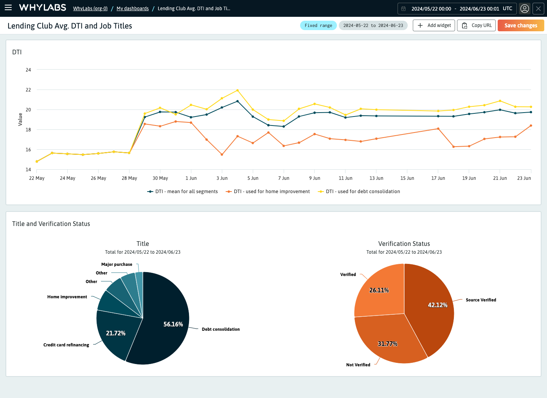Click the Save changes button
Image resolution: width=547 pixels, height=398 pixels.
pyautogui.click(x=520, y=25)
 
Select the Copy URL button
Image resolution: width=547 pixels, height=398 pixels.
pyautogui.click(x=477, y=25)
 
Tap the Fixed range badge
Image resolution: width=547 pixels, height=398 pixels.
pyautogui.click(x=318, y=25)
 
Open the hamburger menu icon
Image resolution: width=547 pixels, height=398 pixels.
pyautogui.click(x=8, y=8)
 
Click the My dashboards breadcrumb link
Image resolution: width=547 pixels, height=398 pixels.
pyautogui.click(x=132, y=9)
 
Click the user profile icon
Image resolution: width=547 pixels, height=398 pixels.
pyautogui.click(x=525, y=9)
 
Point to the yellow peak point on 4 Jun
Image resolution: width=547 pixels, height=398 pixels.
pyautogui.click(x=238, y=90)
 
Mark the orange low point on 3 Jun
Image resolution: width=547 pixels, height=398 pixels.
pyautogui.click(x=222, y=154)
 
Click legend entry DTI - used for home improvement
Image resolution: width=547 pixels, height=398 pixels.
pyautogui.click(x=272, y=192)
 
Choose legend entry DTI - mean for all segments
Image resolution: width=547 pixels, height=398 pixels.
pyautogui.click(x=186, y=192)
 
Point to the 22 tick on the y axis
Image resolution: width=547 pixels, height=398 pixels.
pyautogui.click(x=28, y=90)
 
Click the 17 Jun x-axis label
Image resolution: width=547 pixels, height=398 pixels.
pyautogui.click(x=438, y=178)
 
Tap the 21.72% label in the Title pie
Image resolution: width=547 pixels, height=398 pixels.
pyautogui.click(x=116, y=333)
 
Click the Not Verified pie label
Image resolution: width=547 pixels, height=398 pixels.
pyautogui.click(x=358, y=365)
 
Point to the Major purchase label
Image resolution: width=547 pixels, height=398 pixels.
pyautogui.click(x=117, y=265)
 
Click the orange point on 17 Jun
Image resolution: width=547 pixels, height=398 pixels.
pyautogui.click(x=438, y=129)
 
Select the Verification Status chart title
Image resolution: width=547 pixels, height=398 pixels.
pyautogui.click(x=404, y=244)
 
